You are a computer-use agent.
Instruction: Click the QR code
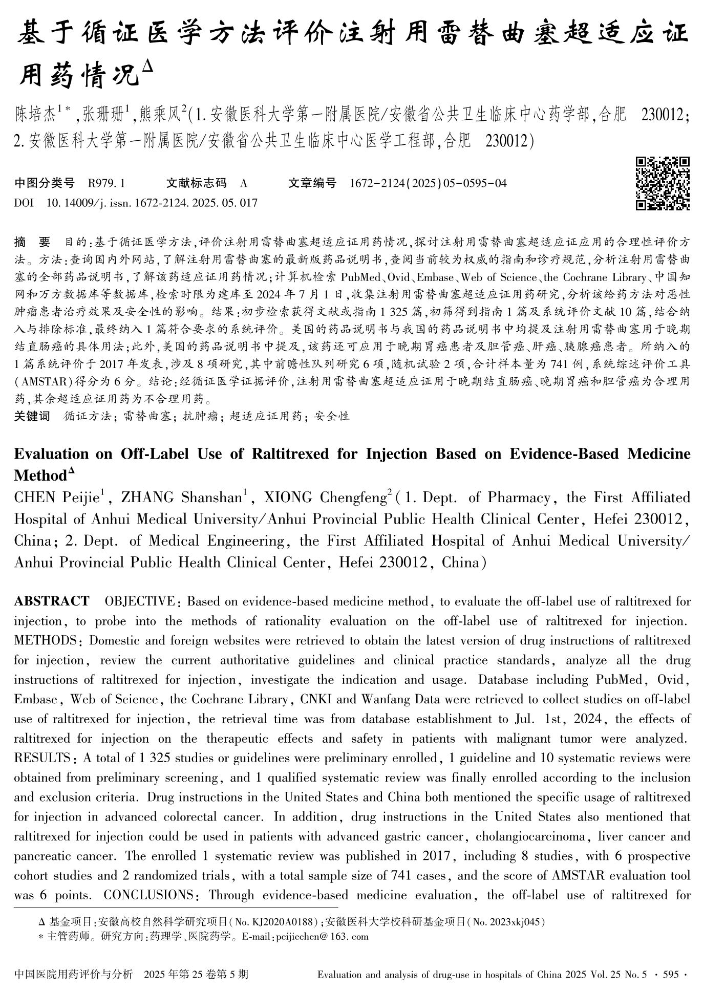pyautogui.click(x=663, y=183)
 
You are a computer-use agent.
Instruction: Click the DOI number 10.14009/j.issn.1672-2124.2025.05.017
pyautogui.click(x=152, y=203)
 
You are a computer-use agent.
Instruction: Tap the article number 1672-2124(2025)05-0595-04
pyautogui.click(x=428, y=183)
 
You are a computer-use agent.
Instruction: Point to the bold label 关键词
pyautogui.click(x=32, y=416)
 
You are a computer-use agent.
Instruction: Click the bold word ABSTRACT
pyautogui.click(x=52, y=601)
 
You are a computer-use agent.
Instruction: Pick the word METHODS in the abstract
pyautogui.click(x=45, y=640)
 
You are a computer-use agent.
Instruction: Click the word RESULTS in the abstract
pyautogui.click(x=42, y=758)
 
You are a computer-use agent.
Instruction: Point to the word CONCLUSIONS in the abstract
pyautogui.click(x=147, y=895)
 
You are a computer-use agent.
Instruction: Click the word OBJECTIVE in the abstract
pyautogui.click(x=139, y=601)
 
